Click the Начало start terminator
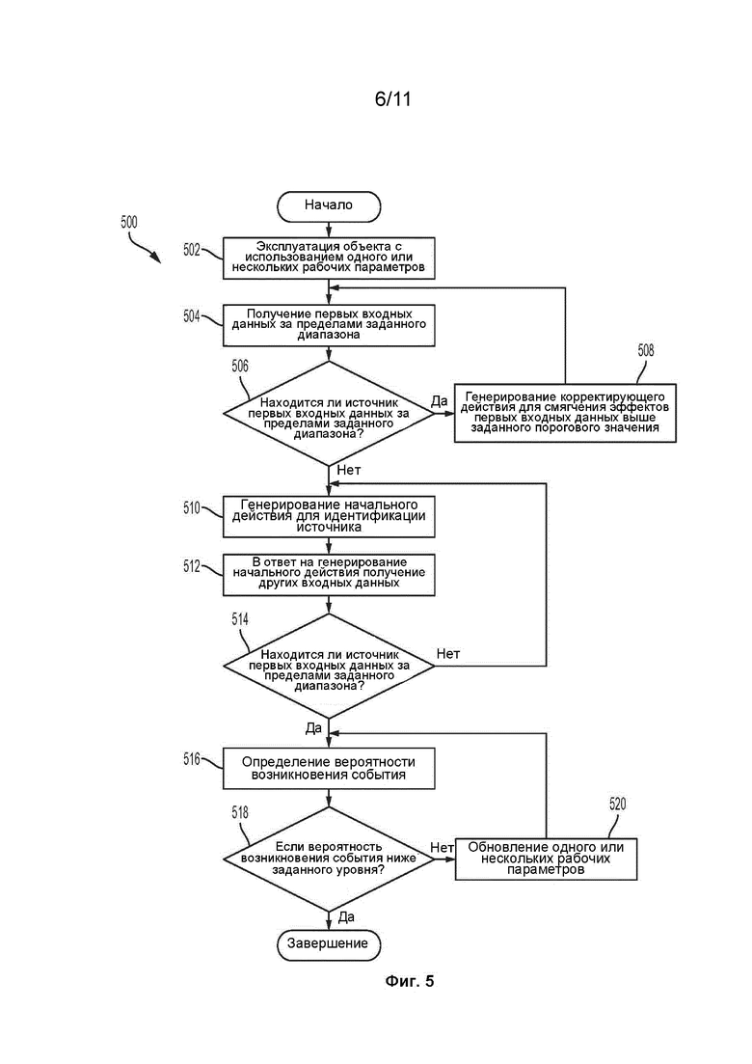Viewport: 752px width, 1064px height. [x=329, y=206]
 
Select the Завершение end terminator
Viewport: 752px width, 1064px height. [x=329, y=943]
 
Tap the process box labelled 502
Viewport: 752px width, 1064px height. [x=329, y=258]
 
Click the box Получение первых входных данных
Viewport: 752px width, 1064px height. [x=329, y=325]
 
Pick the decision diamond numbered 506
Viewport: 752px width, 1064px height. [x=329, y=413]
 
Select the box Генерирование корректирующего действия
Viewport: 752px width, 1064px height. [x=565, y=413]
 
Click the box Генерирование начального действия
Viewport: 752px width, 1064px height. [x=329, y=516]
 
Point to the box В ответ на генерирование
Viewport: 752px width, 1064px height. [x=329, y=575]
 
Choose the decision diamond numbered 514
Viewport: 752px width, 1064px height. [x=329, y=666]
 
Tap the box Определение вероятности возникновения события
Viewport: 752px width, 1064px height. [x=329, y=768]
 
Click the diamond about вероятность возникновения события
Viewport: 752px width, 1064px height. [x=329, y=859]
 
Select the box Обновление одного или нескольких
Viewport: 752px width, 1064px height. [x=546, y=859]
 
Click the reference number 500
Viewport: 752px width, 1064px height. [x=129, y=222]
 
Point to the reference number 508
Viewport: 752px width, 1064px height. [x=646, y=350]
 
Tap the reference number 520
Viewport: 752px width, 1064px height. [x=617, y=805]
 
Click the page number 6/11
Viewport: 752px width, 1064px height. [x=393, y=99]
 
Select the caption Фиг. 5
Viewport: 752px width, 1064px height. [x=410, y=981]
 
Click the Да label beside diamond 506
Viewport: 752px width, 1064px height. [x=440, y=400]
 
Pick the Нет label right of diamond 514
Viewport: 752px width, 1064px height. [x=448, y=653]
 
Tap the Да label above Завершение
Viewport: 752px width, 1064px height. [x=346, y=916]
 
